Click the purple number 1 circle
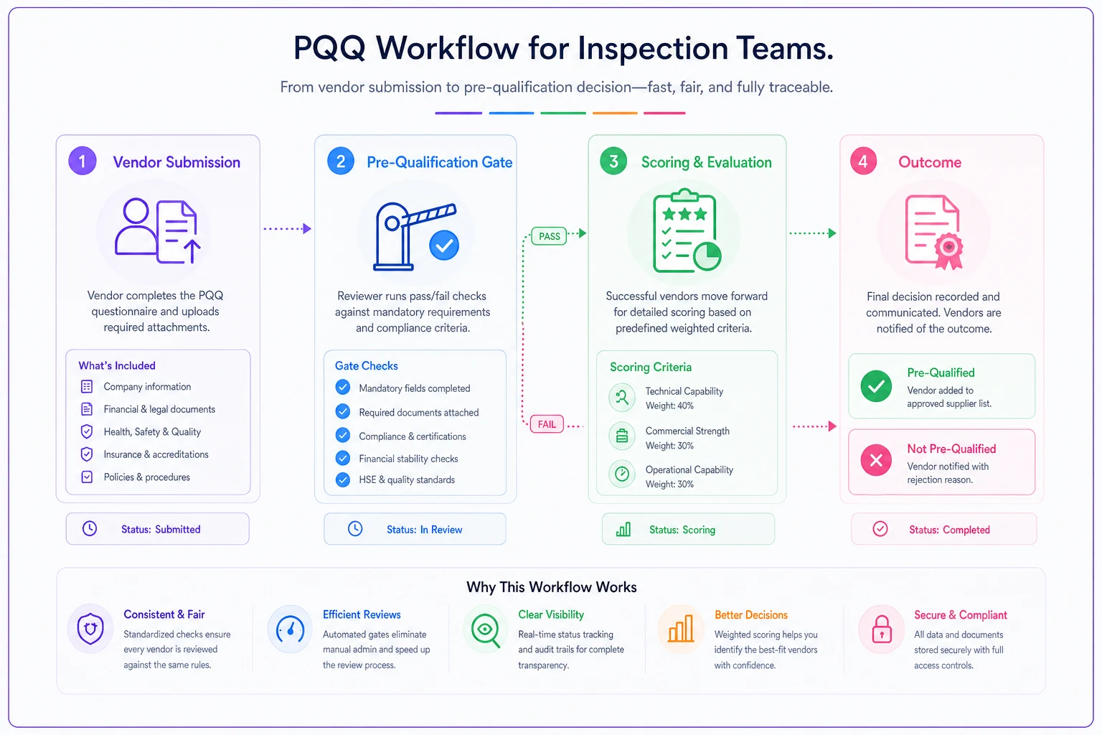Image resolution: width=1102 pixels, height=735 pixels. click(x=83, y=161)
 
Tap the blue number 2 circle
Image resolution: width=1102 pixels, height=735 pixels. click(x=341, y=161)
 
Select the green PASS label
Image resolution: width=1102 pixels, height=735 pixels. click(x=549, y=236)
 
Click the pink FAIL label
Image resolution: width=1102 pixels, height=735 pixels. click(x=547, y=424)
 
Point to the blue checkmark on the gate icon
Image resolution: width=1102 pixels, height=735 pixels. click(x=444, y=245)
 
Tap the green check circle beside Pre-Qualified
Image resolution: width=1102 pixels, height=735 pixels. click(x=876, y=386)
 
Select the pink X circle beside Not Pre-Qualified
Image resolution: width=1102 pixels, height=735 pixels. click(x=876, y=460)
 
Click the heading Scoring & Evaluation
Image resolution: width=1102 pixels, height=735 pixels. click(x=707, y=162)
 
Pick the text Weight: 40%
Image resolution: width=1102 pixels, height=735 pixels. click(x=669, y=406)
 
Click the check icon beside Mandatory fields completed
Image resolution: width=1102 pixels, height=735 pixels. click(x=343, y=388)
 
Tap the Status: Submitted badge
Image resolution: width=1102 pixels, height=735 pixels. click(x=157, y=529)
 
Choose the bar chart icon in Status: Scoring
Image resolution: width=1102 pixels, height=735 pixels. click(x=623, y=530)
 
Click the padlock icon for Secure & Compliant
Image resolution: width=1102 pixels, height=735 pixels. click(x=882, y=629)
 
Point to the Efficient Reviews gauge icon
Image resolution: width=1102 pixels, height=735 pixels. click(x=290, y=629)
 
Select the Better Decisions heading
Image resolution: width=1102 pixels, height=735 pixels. click(x=750, y=615)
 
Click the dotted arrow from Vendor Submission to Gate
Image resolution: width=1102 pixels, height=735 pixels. click(x=287, y=228)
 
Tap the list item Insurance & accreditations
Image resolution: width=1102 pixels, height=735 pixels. click(x=156, y=454)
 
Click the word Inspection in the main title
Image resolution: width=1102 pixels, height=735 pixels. click(x=653, y=48)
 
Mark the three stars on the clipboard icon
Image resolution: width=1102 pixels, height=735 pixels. click(x=684, y=214)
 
